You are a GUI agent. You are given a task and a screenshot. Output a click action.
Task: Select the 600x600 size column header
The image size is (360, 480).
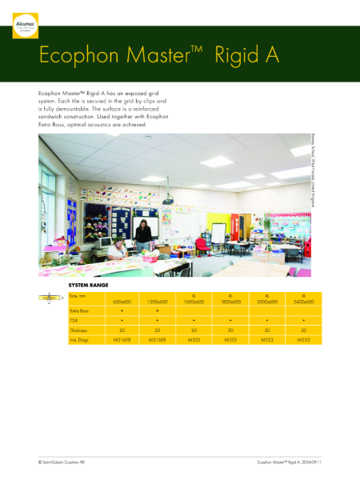tap(122, 301)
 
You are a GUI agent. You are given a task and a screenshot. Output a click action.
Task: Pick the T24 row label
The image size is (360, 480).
tap(73, 320)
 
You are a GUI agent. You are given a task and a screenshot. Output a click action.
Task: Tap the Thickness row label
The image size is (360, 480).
tap(78, 330)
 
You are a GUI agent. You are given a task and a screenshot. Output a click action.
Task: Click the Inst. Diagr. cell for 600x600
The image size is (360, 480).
tap(122, 340)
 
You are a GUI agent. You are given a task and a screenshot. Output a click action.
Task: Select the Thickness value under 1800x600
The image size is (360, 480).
tap(230, 330)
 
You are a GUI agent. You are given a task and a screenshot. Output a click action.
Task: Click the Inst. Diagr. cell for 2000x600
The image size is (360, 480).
tap(267, 340)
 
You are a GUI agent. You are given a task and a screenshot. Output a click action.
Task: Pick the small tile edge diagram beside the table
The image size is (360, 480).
tap(47, 298)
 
